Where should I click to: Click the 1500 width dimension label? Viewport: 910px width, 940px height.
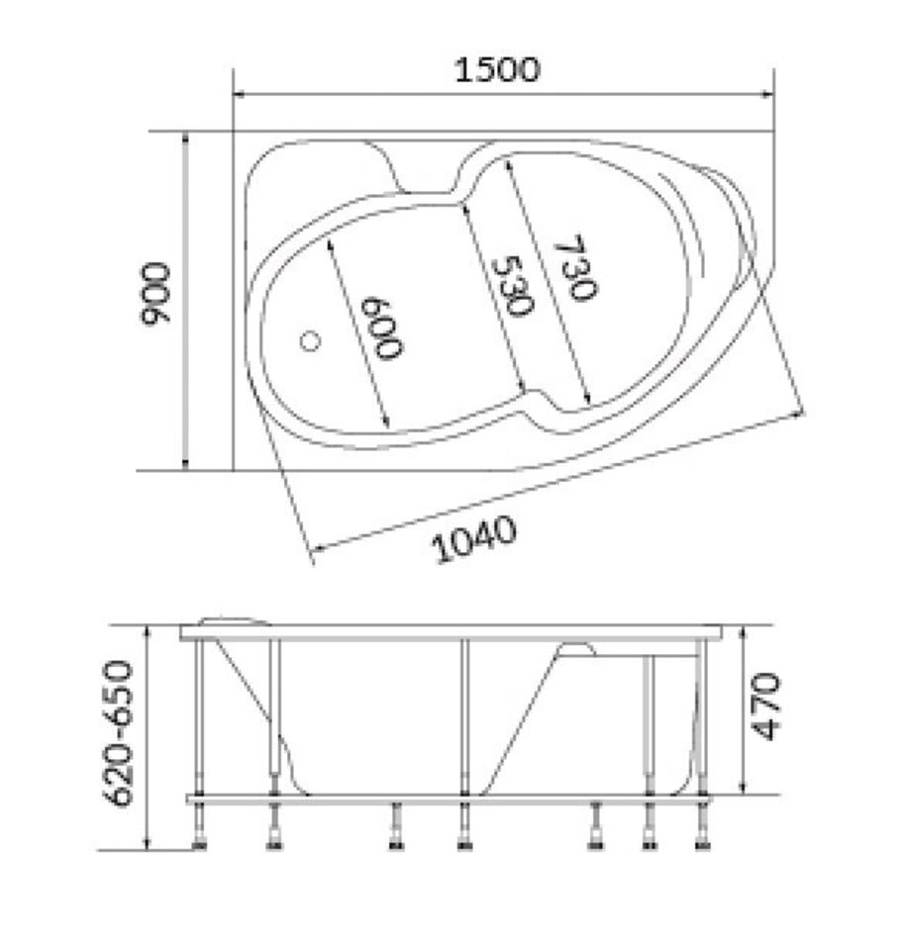497,69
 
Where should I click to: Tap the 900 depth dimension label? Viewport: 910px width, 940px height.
155,294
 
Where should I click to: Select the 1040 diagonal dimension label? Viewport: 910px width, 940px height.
474,539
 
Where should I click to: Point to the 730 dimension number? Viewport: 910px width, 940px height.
574,267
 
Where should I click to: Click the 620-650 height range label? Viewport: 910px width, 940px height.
117,733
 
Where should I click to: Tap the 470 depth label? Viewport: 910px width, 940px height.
765,706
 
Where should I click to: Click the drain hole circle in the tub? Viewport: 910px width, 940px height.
310,341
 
